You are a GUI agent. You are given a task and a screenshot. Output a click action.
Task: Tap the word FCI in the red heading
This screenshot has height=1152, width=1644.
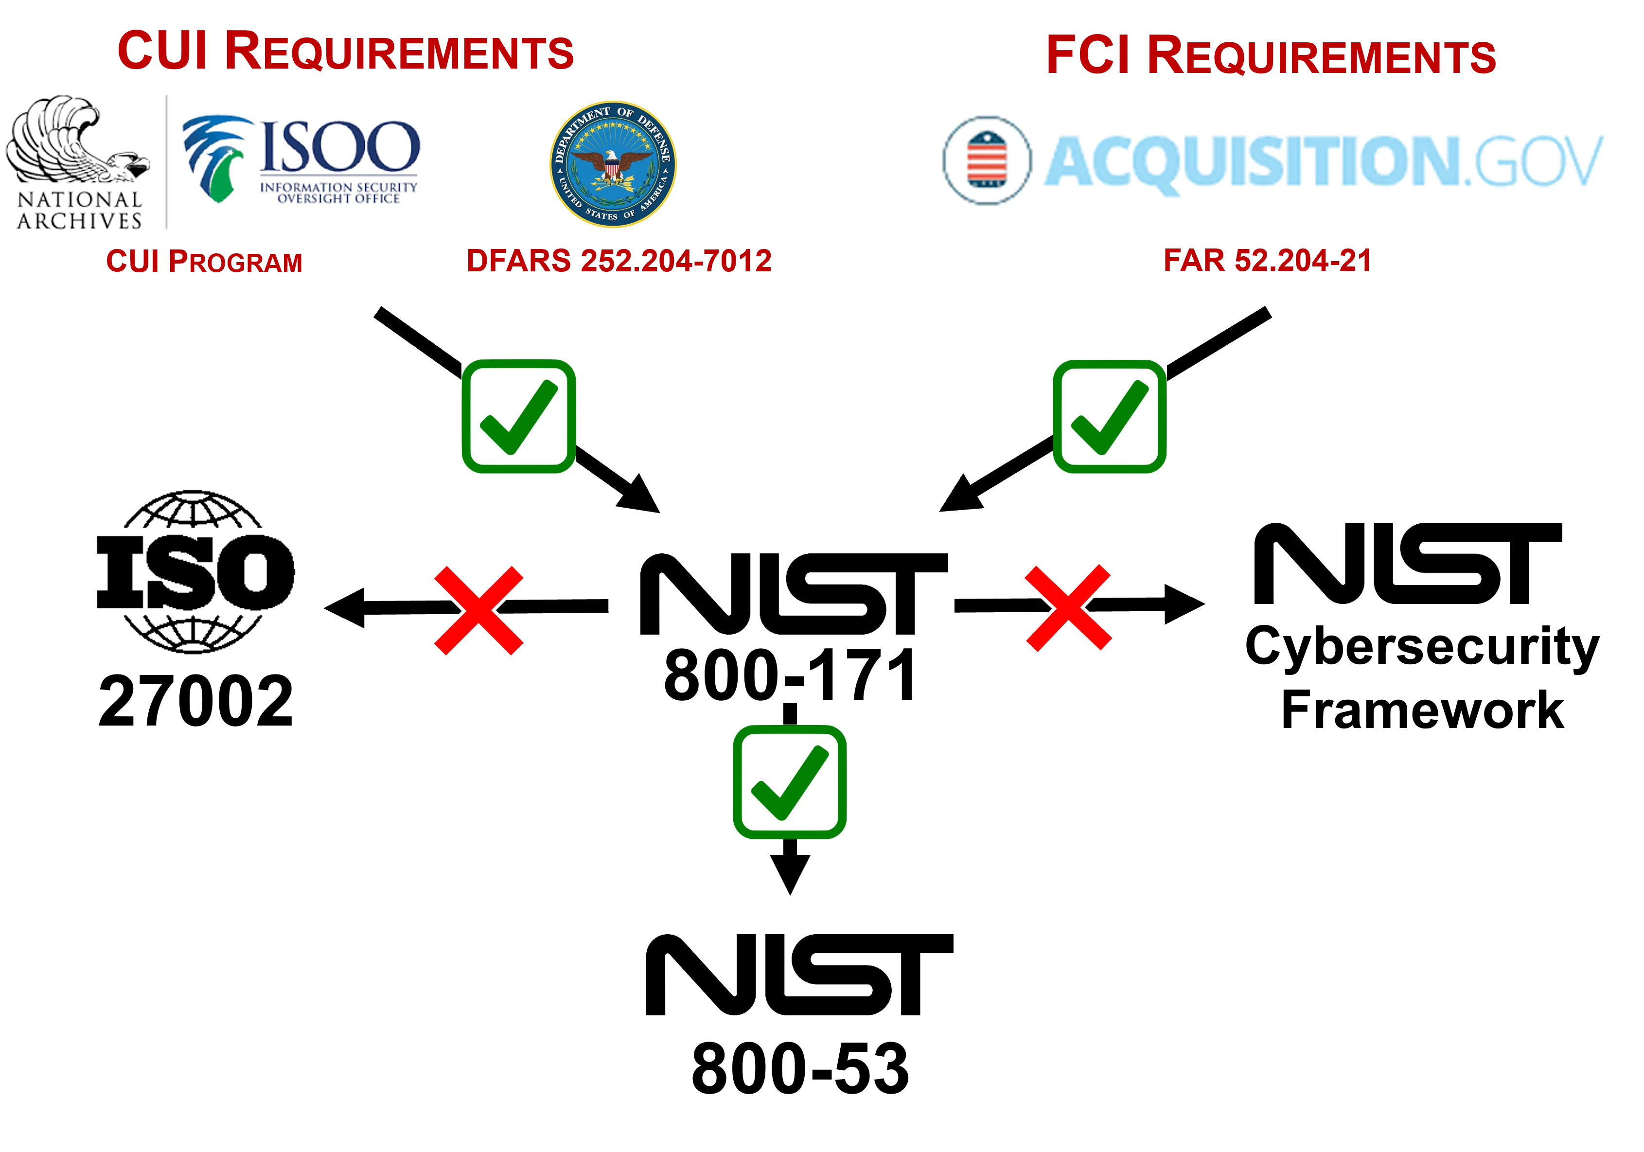[x=1087, y=54]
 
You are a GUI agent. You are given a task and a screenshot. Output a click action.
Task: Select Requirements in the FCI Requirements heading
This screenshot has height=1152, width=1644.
[x=1322, y=56]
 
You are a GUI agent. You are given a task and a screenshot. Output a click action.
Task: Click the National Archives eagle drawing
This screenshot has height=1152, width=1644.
[x=75, y=140]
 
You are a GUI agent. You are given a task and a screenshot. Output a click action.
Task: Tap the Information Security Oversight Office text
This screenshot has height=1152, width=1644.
[x=338, y=193]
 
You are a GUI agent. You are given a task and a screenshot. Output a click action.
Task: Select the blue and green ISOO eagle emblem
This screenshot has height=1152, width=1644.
[x=215, y=158]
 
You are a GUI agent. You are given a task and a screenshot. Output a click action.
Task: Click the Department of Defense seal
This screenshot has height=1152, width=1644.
[x=612, y=163]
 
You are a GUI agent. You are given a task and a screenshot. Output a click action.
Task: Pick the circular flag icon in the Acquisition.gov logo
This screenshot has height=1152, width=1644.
[x=987, y=160]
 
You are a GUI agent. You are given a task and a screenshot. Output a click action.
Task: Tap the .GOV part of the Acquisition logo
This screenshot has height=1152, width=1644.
[x=1532, y=162]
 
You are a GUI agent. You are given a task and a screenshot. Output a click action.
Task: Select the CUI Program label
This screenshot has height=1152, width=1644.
[x=204, y=261]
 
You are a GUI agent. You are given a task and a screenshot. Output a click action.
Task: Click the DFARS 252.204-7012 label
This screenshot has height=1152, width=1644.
[x=619, y=261]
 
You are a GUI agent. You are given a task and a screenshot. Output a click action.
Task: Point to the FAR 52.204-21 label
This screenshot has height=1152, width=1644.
[x=1266, y=260]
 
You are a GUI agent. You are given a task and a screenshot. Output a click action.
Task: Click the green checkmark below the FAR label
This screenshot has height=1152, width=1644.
[x=1109, y=416]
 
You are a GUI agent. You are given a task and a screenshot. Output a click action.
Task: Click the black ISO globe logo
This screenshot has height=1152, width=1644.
[x=195, y=571]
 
